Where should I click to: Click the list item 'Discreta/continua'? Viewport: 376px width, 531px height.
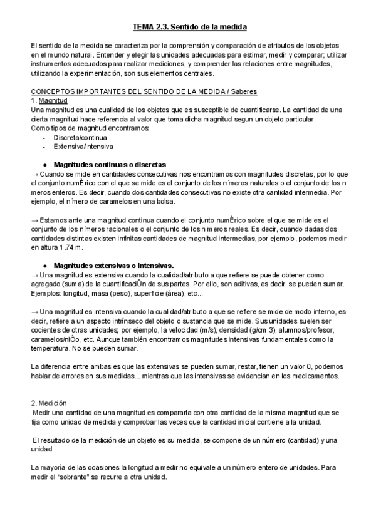tap(80, 137)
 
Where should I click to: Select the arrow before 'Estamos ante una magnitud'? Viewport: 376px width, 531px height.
tap(34, 220)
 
